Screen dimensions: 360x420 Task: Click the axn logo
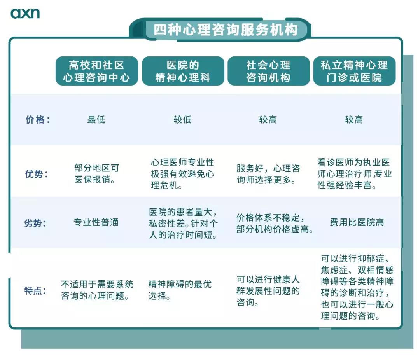pyautogui.click(x=25, y=14)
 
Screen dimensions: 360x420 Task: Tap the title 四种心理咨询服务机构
pyautogui.click(x=225, y=30)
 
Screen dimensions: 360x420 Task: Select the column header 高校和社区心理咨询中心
pyautogui.click(x=96, y=71)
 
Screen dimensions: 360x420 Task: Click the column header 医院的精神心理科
pyautogui.click(x=183, y=71)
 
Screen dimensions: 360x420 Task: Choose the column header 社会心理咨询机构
pyautogui.click(x=268, y=71)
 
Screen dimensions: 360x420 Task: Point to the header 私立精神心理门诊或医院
pyautogui.click(x=354, y=71)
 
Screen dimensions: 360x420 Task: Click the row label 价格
pyautogui.click(x=38, y=120)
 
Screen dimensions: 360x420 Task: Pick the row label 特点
pyautogui.click(x=35, y=291)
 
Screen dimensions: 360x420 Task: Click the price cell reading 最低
pyautogui.click(x=96, y=120)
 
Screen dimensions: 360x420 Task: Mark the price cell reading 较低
pyautogui.click(x=182, y=120)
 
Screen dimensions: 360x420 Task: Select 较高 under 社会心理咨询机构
pyautogui.click(x=268, y=120)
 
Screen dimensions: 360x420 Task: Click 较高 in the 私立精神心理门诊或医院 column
pyautogui.click(x=354, y=120)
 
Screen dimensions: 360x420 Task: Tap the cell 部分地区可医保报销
pyautogui.click(x=96, y=174)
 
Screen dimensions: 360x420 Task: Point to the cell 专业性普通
pyautogui.click(x=96, y=223)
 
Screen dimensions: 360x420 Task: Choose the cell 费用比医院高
pyautogui.click(x=357, y=223)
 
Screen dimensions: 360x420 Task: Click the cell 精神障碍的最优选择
pyautogui.click(x=180, y=290)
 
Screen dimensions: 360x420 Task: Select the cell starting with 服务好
pyautogui.click(x=268, y=174)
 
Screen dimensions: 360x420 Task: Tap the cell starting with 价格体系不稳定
pyautogui.click(x=275, y=223)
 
